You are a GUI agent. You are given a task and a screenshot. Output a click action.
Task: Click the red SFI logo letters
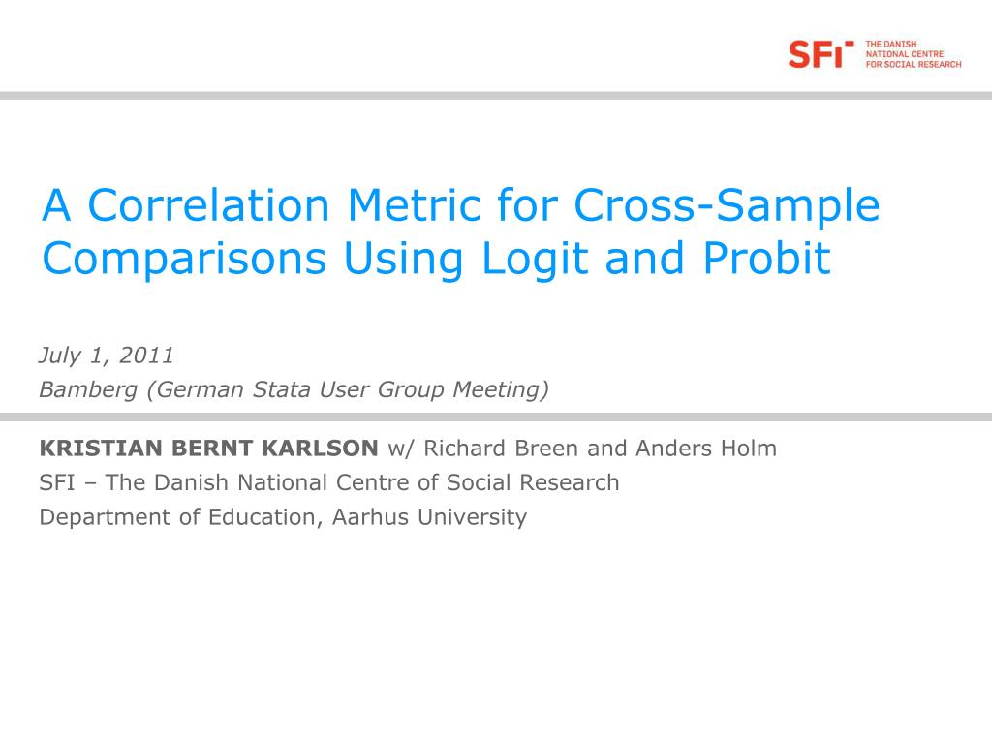pos(821,54)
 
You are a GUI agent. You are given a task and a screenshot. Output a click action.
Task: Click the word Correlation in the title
pos(209,205)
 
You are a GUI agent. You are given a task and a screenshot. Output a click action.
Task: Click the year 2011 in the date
pos(146,355)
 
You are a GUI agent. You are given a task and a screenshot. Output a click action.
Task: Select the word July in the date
pos(60,356)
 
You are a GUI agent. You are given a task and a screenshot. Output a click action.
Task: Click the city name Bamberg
pos(88,389)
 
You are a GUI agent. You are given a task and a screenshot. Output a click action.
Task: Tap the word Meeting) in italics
pos(501,389)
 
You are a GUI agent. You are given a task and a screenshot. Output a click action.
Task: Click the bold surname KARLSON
pos(320,448)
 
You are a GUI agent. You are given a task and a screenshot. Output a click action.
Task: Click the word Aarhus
pos(371,517)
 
